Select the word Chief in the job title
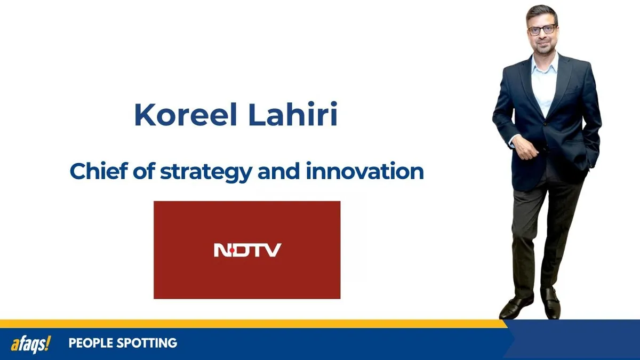[92, 172]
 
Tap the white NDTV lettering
[247, 250]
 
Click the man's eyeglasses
[541, 30]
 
